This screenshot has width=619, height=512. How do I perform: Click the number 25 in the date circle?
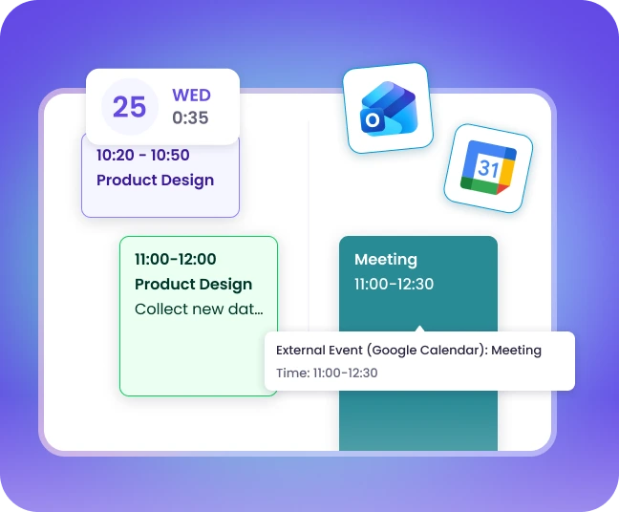130,106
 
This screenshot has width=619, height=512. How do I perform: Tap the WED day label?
190,96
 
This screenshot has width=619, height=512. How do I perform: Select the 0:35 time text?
190,118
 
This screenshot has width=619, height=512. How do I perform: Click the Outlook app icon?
386,107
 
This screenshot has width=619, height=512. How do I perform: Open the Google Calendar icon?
488,168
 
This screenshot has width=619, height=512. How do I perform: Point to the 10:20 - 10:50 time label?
142,155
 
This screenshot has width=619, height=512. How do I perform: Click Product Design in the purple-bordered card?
155,180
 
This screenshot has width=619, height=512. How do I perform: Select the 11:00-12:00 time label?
175,259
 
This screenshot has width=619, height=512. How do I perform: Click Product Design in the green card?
193,284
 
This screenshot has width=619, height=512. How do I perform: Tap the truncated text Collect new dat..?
199,309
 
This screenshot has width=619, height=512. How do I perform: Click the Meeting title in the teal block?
386,259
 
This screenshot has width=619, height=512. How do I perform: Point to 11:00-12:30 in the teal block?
394,284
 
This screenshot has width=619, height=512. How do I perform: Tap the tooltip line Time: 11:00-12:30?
327,373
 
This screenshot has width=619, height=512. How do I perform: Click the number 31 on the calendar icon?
488,169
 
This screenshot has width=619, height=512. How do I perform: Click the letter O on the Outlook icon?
371,119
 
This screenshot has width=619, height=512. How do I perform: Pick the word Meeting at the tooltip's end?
516,351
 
